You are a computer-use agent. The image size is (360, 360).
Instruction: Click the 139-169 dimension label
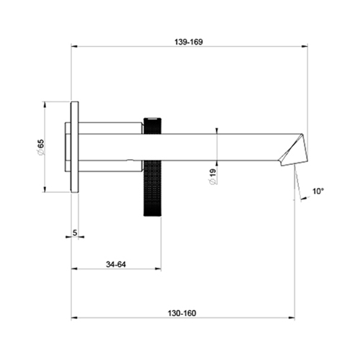(189, 42)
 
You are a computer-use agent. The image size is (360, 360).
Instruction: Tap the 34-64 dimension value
(115, 264)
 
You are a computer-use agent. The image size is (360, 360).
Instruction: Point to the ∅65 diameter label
(41, 148)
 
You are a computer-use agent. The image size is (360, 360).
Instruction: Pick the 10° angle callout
(318, 192)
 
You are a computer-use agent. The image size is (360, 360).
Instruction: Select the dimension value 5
(75, 235)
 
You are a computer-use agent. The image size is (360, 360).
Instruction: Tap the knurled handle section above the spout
(153, 123)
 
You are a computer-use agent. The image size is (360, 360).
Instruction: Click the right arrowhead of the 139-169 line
(305, 48)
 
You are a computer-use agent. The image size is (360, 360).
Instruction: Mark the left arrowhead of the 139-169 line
(73, 48)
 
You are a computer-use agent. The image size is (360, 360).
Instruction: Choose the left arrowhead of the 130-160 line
(73, 318)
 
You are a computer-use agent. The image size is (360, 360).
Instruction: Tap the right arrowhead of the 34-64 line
(158, 269)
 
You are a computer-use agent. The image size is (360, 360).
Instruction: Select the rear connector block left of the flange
(67, 147)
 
